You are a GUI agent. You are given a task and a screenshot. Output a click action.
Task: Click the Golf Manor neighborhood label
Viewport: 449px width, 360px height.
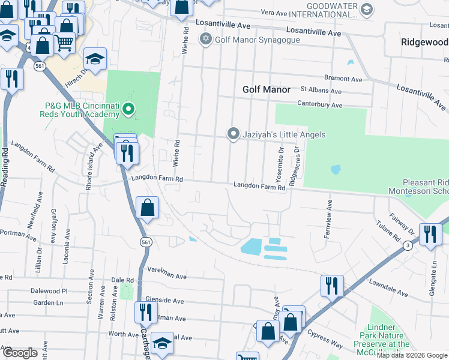click(x=266, y=89)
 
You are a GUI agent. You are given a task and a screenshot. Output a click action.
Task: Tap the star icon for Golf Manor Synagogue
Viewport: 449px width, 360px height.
click(x=206, y=40)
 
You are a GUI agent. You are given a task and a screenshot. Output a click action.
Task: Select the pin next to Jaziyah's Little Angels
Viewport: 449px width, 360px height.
click(x=232, y=134)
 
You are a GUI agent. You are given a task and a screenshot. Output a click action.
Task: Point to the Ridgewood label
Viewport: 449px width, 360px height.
click(x=424, y=43)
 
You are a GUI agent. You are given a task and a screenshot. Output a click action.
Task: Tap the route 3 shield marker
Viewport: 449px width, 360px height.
click(x=408, y=245)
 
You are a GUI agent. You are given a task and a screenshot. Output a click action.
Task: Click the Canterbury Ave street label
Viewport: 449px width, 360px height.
click(x=321, y=105)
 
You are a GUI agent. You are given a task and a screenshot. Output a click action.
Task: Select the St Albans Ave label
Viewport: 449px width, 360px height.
click(x=321, y=91)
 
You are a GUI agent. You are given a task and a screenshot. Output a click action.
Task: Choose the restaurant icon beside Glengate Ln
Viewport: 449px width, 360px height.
click(x=430, y=234)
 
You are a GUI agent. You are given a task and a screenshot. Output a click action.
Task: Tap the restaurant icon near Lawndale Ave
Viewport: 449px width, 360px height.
click(x=332, y=286)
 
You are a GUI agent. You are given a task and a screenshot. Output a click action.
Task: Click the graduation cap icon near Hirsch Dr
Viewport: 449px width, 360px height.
click(x=95, y=59)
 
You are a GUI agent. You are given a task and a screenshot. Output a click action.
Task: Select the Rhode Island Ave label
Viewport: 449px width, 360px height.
click(x=89, y=167)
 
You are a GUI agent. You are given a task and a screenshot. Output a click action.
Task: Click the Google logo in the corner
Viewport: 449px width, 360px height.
click(x=20, y=353)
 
